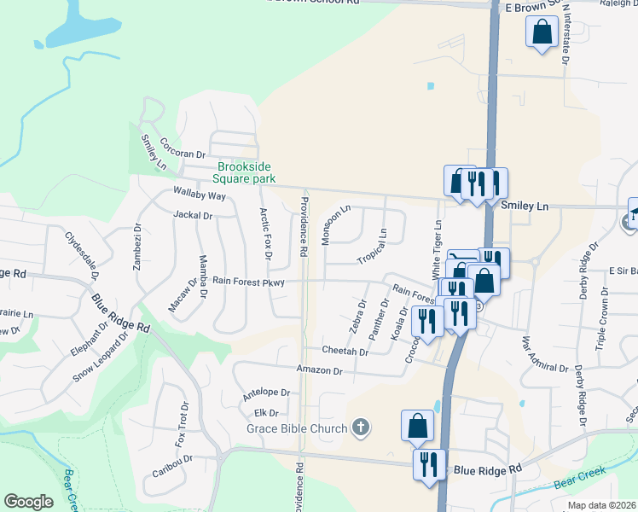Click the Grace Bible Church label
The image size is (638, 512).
(297, 428)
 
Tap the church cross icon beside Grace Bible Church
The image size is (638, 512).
(361, 428)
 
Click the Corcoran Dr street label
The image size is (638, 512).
(183, 148)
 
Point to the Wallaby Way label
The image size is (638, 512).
(199, 195)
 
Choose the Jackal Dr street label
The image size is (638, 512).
(192, 216)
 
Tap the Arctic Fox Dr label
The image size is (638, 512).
(267, 233)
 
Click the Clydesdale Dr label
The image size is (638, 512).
(83, 254)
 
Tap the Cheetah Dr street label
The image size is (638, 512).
(345, 351)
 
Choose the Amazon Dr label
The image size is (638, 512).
(319, 370)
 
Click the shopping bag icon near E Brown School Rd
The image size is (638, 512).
(542, 33)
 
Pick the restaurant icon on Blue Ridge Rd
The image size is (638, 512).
(427, 463)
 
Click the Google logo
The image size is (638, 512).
(28, 502)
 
